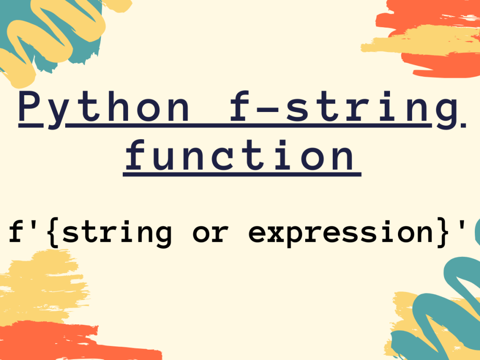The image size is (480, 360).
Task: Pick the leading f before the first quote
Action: point(16,231)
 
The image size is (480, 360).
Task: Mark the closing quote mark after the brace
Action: point(462,224)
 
